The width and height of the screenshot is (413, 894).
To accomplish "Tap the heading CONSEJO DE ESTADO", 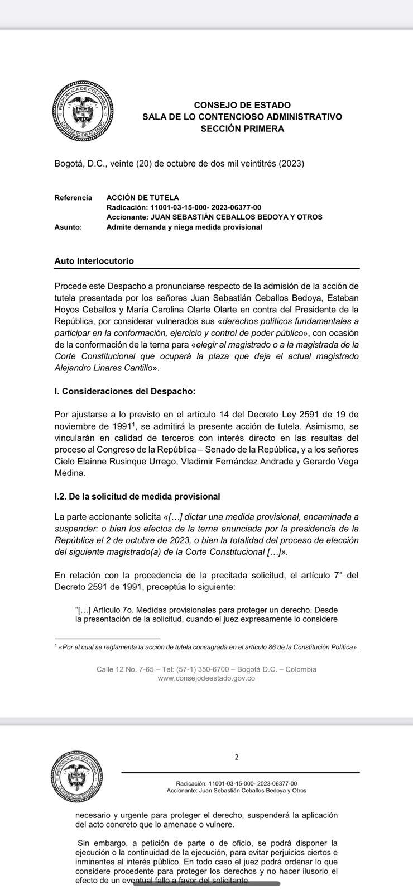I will pyautogui.click(x=242, y=105).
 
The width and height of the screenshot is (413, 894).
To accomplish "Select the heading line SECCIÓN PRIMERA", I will pyautogui.click(x=242, y=129).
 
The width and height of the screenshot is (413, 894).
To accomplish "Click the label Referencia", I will pyautogui.click(x=73, y=198).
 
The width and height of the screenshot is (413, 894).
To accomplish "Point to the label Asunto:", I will pyautogui.click(x=68, y=227).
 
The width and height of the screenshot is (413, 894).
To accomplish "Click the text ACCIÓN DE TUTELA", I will pyautogui.click(x=142, y=198).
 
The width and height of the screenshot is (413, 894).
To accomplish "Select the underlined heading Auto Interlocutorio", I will pyautogui.click(x=94, y=261).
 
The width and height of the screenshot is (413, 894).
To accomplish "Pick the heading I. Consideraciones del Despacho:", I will pyautogui.click(x=125, y=391).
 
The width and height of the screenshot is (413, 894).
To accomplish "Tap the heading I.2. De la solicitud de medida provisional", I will pyautogui.click(x=137, y=496).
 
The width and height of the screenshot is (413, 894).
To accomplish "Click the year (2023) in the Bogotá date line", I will pyautogui.click(x=291, y=164).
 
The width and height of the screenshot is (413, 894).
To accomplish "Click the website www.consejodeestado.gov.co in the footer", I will pyautogui.click(x=206, y=678).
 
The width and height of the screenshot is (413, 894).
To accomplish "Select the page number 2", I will pyautogui.click(x=237, y=758).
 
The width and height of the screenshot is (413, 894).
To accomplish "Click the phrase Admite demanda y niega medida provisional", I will pyautogui.click(x=184, y=227).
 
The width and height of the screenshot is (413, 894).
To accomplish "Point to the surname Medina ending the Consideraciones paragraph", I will pyautogui.click(x=69, y=473).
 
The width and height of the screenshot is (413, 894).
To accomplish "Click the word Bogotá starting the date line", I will pyautogui.click(x=69, y=164).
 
